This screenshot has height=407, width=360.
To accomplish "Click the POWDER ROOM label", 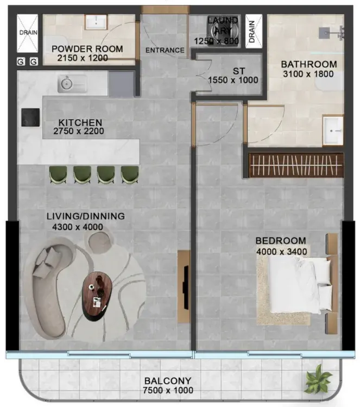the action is click(87, 49).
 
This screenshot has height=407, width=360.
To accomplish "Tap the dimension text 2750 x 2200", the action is click(79, 131).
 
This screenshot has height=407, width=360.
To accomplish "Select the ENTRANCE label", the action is click(165, 50).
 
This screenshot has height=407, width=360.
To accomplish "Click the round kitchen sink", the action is click(67, 84).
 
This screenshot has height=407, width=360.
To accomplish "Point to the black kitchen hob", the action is click(30, 117).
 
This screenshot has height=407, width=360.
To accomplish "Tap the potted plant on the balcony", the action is click(318, 378).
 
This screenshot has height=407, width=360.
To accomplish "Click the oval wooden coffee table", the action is click(97, 296).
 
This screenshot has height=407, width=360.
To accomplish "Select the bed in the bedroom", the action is click(300, 285).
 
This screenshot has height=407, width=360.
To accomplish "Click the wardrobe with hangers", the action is click(296, 165).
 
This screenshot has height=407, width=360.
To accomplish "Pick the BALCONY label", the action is click(168, 381).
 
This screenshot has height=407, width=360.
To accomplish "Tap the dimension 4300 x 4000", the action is click(78, 227).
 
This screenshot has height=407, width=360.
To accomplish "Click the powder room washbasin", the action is click(96, 22).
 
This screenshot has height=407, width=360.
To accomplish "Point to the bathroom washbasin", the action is click(333, 130).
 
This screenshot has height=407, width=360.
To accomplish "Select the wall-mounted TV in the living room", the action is click(186, 287).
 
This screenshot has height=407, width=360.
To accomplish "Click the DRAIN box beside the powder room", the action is click(28, 33).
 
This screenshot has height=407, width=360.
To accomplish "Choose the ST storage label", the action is click(238, 71).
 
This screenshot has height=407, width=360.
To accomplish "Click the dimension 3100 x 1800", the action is click(308, 74).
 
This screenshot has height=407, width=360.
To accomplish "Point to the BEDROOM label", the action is click(281, 241).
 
